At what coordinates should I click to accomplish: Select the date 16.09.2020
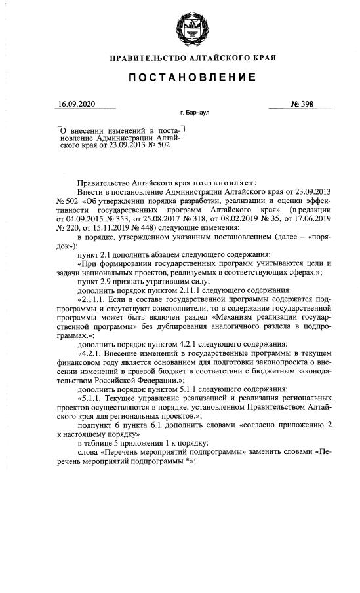[77, 104]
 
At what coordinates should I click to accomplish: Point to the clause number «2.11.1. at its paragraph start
[94, 298]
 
